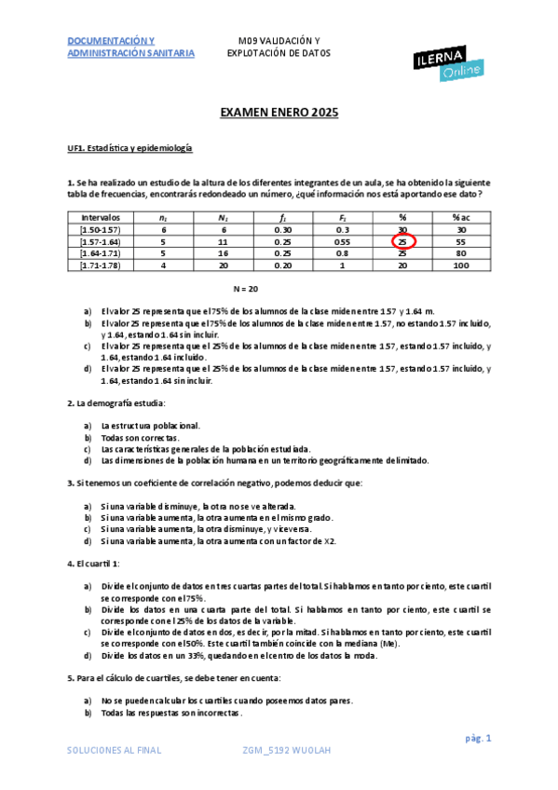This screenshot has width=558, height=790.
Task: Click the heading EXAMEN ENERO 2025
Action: pos(279,113)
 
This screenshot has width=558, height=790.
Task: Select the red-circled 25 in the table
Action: pos(402,241)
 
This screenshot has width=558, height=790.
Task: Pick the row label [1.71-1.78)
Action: pos(101,266)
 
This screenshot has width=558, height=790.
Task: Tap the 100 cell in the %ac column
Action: pos(459,266)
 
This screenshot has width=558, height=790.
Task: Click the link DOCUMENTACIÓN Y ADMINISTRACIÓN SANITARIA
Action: pos(130,48)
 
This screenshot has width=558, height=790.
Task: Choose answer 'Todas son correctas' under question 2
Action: pos(140,437)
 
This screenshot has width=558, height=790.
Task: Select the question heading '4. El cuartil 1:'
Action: pos(93,564)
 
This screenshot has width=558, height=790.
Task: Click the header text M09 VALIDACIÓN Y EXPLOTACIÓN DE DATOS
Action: pos(279,48)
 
